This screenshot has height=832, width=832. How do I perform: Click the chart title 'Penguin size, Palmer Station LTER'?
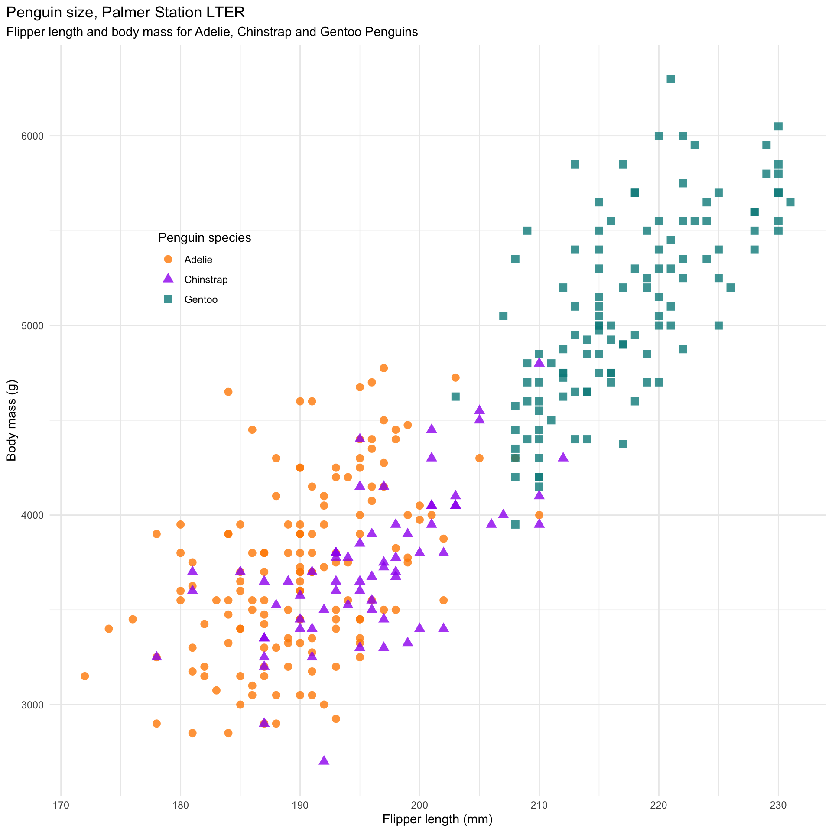click(126, 13)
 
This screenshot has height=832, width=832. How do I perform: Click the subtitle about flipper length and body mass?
click(212, 32)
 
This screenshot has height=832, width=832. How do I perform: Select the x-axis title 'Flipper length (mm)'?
click(437, 819)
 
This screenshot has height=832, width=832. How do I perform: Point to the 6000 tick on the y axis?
click(33, 136)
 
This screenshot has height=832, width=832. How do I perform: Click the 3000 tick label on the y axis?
click(33, 705)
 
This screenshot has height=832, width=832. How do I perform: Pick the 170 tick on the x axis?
click(61, 805)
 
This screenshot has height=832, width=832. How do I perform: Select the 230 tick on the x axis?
click(778, 805)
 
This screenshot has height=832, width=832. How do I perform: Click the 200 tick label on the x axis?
click(419, 805)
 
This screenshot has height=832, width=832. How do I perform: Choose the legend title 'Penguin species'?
click(205, 237)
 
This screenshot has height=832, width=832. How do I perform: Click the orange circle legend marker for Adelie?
click(168, 259)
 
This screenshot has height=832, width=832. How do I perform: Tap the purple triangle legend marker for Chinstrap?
click(168, 279)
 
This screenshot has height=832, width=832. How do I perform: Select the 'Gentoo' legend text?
click(201, 299)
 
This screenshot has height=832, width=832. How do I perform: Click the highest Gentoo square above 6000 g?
click(670, 79)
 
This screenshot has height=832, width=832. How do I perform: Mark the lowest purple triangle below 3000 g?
click(324, 760)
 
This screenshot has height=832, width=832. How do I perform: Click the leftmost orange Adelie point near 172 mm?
click(85, 676)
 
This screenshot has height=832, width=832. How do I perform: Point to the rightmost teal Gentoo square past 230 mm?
click(790, 202)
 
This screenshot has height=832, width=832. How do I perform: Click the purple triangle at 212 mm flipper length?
click(563, 457)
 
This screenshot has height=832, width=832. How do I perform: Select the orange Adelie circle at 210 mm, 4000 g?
click(539, 515)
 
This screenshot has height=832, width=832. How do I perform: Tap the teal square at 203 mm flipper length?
click(455, 396)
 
